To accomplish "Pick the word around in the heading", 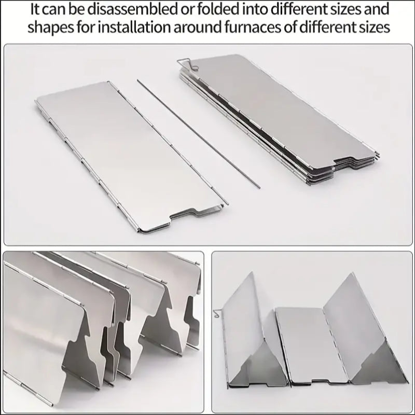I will click(x=205, y=27).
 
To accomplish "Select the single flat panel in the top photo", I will click(x=130, y=156).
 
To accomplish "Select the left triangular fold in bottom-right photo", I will click(x=249, y=337).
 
